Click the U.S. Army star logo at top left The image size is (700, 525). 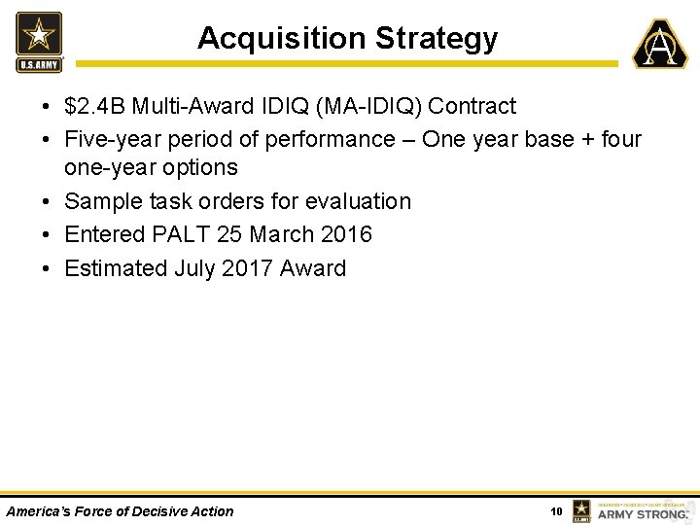[x=39, y=41]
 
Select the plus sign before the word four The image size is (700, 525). [x=587, y=139]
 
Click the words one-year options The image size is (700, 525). [x=151, y=167]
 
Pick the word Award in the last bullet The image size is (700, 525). [x=312, y=268]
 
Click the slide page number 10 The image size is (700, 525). [x=556, y=511]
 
